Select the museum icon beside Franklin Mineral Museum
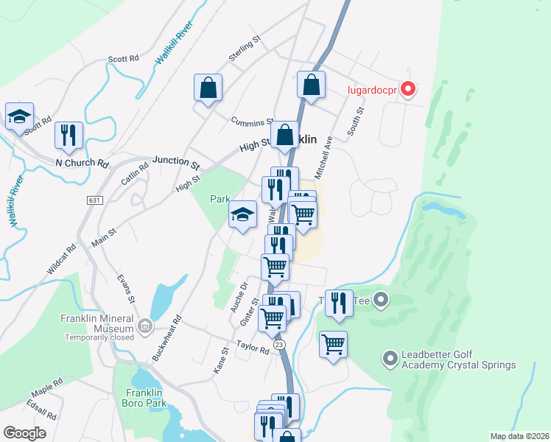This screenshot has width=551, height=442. click(x=144, y=325)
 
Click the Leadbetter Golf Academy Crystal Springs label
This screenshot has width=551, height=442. click(x=458, y=359)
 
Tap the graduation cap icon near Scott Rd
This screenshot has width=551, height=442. click(x=19, y=116)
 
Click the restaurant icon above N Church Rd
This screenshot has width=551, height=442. click(x=69, y=135)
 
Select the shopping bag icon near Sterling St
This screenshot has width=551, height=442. click(x=208, y=88)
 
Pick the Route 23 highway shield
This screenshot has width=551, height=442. click(x=278, y=344)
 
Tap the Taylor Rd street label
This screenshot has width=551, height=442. click(x=253, y=347)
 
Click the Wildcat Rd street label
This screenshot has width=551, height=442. click(x=62, y=260)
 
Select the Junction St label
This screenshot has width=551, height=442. click(x=176, y=160)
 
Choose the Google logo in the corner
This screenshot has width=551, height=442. click(x=25, y=432)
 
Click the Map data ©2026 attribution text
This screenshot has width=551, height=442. click(x=519, y=435)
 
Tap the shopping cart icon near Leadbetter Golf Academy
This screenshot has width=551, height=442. click(x=334, y=344)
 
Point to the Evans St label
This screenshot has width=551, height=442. click(x=127, y=290)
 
